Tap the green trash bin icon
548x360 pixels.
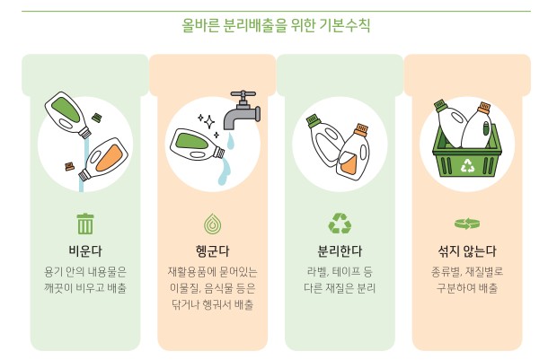tap(85, 223)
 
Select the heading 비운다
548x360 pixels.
tap(85, 250)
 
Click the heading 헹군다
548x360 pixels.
tap(211, 250)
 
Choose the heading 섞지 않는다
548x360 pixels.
tap(466, 250)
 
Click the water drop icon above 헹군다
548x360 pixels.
tap(212, 223)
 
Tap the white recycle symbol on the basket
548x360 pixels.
tap(467, 164)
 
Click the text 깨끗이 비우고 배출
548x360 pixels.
tap(85, 288)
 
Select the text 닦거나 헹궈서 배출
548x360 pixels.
tap(211, 305)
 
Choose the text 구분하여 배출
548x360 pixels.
tap(466, 288)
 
